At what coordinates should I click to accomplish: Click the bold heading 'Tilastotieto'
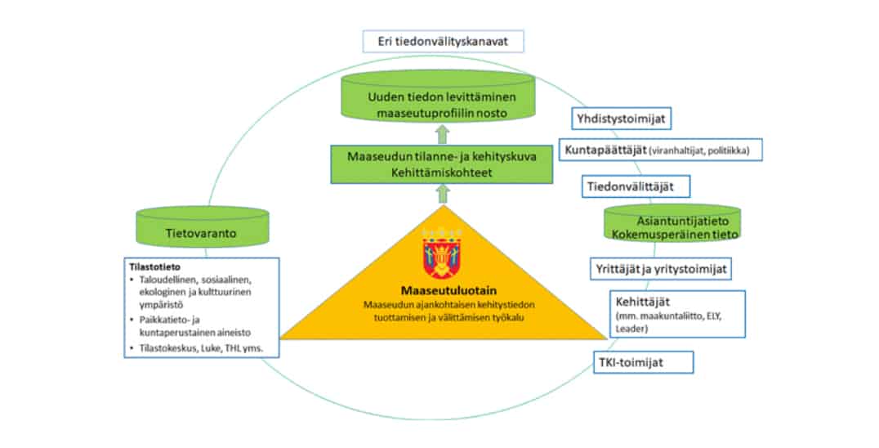[153, 266]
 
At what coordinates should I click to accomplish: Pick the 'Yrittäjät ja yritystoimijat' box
[661, 268]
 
